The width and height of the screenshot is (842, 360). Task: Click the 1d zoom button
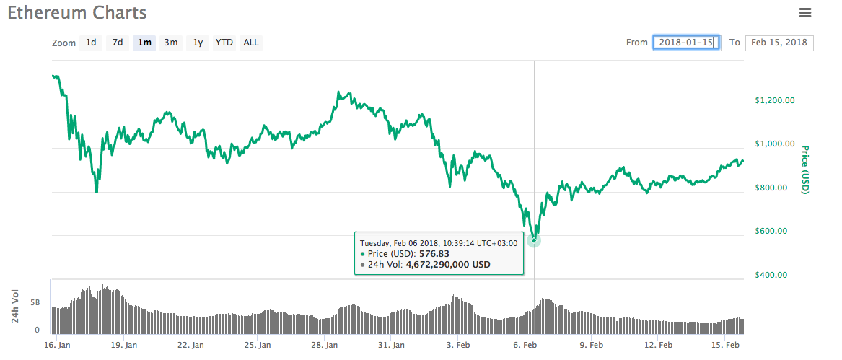[91, 43]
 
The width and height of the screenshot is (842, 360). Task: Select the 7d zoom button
[117, 43]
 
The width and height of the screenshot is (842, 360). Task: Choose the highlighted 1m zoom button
[144, 43]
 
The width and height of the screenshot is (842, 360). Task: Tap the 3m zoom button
[171, 43]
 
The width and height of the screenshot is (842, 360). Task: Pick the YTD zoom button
[224, 43]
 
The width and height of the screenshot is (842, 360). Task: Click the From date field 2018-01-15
[686, 43]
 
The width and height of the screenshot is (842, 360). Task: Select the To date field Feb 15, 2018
[779, 43]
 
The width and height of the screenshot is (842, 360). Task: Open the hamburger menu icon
[805, 12]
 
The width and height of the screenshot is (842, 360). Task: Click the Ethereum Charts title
[77, 13]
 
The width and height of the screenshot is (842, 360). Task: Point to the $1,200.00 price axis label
[774, 101]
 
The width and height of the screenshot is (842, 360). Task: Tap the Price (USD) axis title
[805, 170]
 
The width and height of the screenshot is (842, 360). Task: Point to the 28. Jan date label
[324, 346]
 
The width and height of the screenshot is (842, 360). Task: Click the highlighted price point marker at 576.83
[534, 240]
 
